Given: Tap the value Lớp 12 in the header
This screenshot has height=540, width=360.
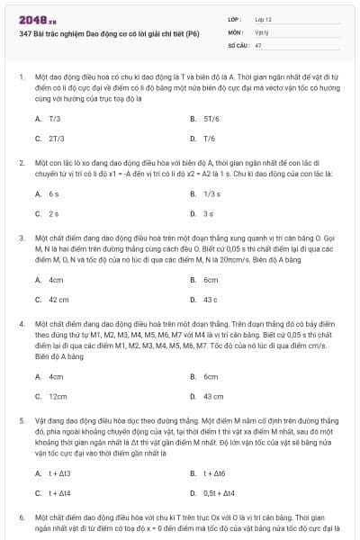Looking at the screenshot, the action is [x=264, y=19].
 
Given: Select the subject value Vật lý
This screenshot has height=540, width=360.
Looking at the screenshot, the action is [x=262, y=31].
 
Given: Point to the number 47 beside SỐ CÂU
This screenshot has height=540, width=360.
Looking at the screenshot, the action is [x=258, y=44].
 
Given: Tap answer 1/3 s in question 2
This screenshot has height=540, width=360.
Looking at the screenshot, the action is [x=211, y=193].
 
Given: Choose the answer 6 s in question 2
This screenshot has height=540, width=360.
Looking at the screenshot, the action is [x=53, y=193].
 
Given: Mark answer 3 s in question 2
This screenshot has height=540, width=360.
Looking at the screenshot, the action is [x=208, y=213].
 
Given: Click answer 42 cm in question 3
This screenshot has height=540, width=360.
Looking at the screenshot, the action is [x=58, y=299].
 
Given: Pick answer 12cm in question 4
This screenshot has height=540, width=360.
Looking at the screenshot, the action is [x=58, y=396].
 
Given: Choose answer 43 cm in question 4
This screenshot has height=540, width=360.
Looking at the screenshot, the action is [x=213, y=396].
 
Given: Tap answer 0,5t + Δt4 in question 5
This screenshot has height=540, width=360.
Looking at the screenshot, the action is [x=220, y=492].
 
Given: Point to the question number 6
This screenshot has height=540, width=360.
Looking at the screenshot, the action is [x=21, y=518].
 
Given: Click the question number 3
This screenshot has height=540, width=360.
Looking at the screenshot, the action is [x=21, y=238].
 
